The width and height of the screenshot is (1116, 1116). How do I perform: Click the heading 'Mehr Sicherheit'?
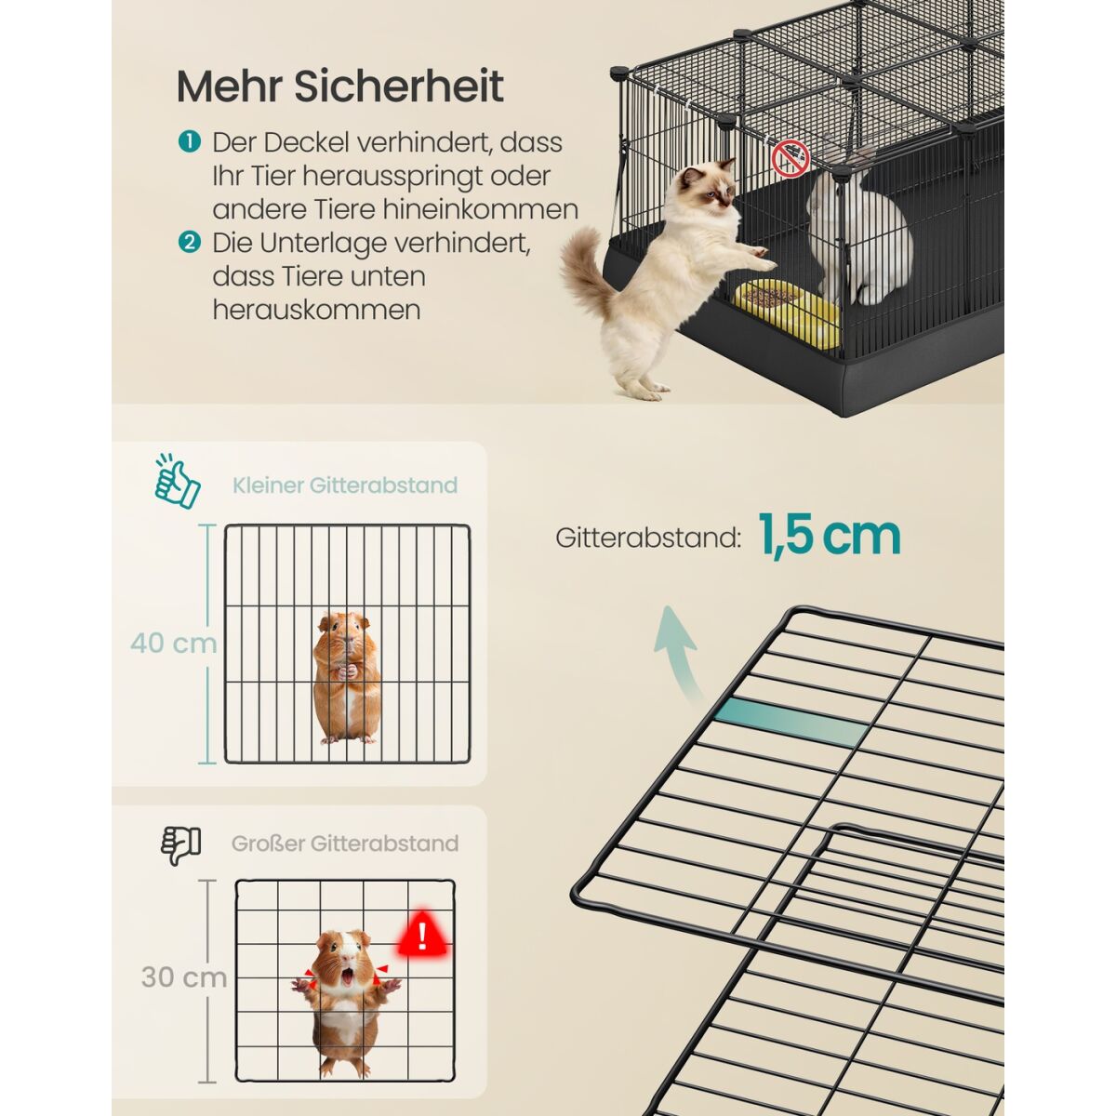click(x=340, y=86)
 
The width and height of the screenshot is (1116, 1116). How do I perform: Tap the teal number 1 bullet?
click(x=190, y=141)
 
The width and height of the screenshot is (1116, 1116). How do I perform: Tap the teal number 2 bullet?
click(x=190, y=243)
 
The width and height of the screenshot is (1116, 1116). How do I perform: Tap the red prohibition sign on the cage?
click(x=790, y=157)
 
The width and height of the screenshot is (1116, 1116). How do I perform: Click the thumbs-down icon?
click(x=180, y=845)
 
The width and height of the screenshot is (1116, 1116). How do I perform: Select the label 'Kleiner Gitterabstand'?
click(x=345, y=485)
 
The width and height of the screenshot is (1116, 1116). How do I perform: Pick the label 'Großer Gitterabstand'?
click(x=345, y=844)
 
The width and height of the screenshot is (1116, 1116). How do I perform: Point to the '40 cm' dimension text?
click(x=173, y=643)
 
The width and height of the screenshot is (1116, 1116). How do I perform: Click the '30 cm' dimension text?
click(x=184, y=977)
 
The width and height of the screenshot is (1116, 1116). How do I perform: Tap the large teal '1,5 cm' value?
click(x=830, y=536)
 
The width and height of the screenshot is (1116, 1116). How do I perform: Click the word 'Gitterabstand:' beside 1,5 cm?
click(x=648, y=538)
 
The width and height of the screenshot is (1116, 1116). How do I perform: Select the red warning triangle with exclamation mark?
click(x=422, y=937)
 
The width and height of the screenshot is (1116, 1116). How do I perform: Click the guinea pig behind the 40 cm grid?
click(x=347, y=678)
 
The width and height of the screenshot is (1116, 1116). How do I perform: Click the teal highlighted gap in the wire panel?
click(x=791, y=722)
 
